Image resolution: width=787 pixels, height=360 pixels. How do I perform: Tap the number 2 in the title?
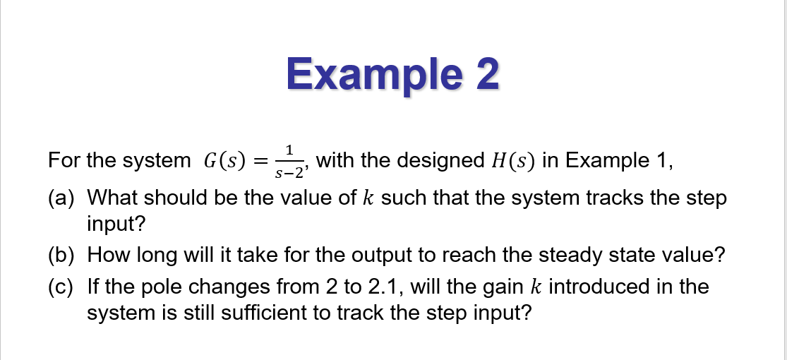click(x=486, y=73)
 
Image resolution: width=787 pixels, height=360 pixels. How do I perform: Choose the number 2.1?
click(x=380, y=287)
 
